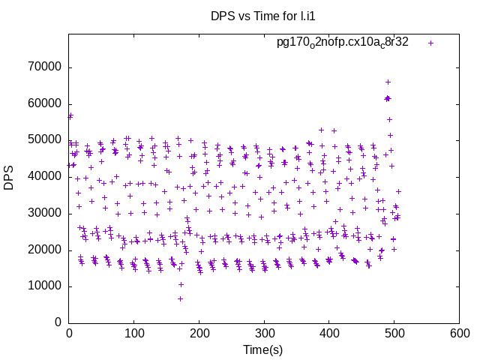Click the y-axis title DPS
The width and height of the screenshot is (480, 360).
(x=9, y=178)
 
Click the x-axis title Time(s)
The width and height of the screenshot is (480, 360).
(x=262, y=349)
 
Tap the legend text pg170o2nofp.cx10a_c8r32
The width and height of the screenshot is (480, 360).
(x=343, y=42)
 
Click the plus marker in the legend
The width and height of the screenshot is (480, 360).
(x=430, y=43)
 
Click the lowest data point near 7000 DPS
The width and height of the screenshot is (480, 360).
(x=181, y=298)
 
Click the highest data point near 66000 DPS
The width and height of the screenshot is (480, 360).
(x=388, y=82)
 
